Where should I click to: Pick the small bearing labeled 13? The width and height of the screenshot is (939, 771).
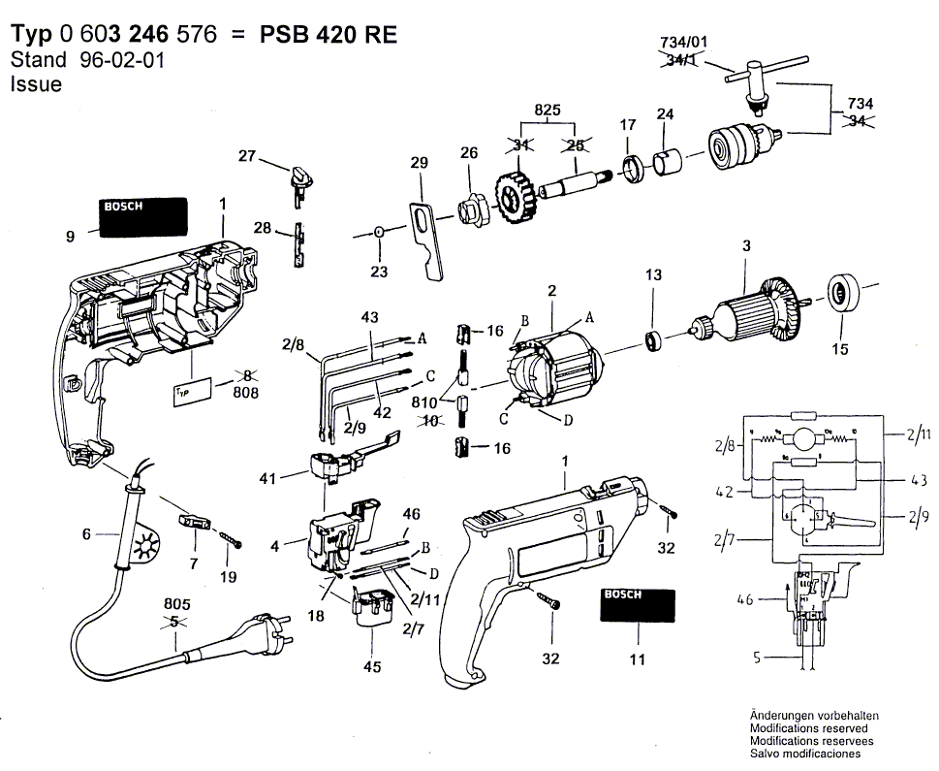(x=653, y=340)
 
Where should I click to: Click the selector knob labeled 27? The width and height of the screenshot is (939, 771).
(x=300, y=178)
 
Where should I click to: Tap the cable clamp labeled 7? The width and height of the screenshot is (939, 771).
(x=194, y=522)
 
